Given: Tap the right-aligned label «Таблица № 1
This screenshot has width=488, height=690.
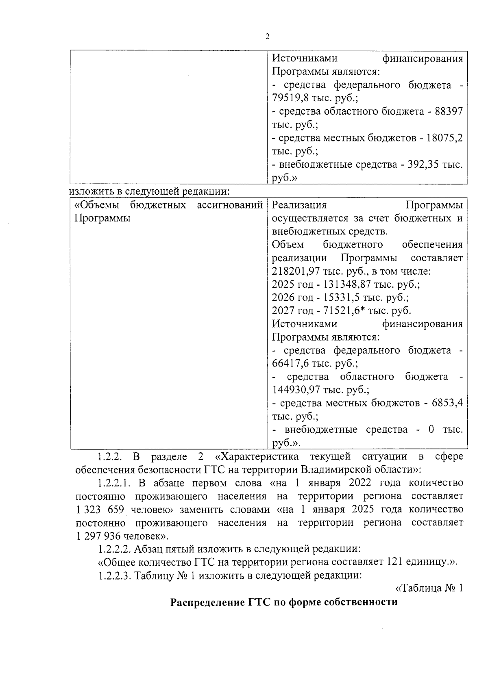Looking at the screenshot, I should tap(429, 588).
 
